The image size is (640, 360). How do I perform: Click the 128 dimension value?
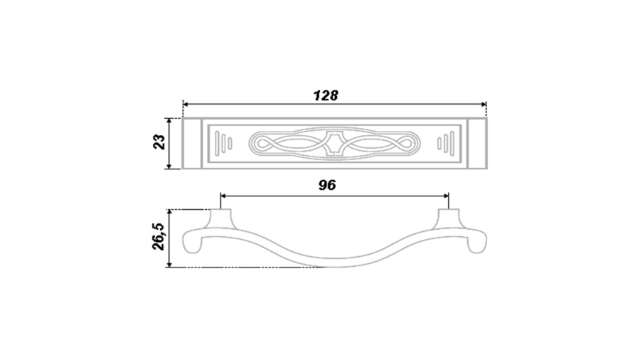(x=326, y=95)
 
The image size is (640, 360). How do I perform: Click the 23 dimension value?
(x=159, y=142)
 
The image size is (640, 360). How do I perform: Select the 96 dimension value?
(x=327, y=185)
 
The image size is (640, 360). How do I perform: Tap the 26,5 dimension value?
(x=158, y=237)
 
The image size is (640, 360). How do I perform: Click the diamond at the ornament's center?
(x=335, y=143)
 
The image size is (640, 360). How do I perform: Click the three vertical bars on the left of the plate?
(x=224, y=143)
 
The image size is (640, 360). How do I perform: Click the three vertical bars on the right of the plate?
(x=446, y=143)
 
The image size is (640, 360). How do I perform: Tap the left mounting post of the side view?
(x=221, y=219)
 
